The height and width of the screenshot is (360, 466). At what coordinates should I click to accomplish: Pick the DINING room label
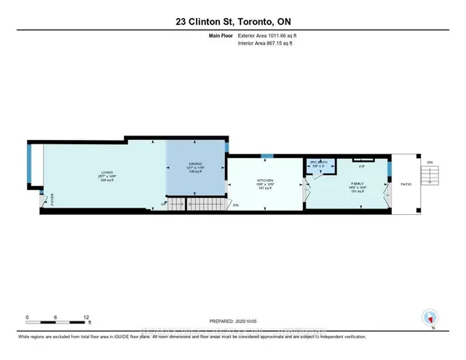pos(196,165)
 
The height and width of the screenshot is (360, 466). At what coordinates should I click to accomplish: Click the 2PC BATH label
pos(318,162)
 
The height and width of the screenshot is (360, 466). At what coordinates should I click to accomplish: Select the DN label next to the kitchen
pos(237,206)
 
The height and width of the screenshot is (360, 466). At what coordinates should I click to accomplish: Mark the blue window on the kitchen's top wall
pos(267,156)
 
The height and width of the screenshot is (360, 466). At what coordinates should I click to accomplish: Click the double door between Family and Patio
pos(388,192)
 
